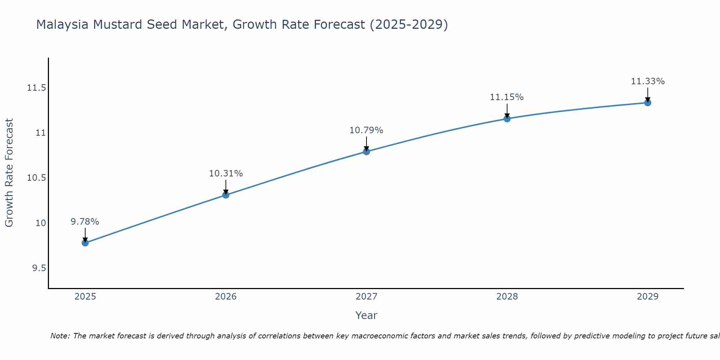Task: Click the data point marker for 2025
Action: pos(85,243)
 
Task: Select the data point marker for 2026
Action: pos(226,195)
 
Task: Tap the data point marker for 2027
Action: pos(366,152)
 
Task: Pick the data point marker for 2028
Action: pos(507,119)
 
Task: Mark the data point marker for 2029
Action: pos(648,103)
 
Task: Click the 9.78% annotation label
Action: pos(85,222)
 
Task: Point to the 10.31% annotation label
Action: pos(226,174)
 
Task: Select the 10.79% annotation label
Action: pos(366,130)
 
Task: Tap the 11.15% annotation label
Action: pos(507,97)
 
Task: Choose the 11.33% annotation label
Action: pos(648,81)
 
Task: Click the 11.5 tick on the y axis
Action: pos(37,88)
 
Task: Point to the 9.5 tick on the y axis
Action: pos(39,268)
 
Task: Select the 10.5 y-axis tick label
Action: pos(37,178)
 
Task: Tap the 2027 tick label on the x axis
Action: pos(366,297)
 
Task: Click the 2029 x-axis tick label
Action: pos(648,297)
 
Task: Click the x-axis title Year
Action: pos(366,315)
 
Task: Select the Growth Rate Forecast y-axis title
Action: pos(9,173)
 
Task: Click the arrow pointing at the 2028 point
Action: pos(507,111)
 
